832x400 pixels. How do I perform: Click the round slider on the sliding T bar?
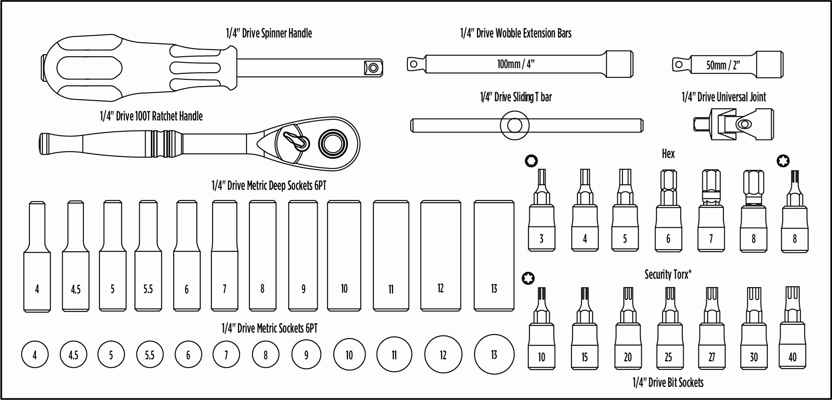point(514,126)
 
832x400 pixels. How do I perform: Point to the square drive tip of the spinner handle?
point(373,68)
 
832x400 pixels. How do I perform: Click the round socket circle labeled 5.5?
point(149,354)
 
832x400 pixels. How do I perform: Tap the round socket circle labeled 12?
point(443,355)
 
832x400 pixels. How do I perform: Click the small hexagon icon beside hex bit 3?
point(531,161)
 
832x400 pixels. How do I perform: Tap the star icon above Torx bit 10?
point(528,278)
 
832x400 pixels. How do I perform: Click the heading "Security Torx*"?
point(668,274)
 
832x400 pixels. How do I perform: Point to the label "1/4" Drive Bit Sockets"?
point(668,382)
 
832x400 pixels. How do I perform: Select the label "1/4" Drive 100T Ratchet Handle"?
point(151,116)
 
